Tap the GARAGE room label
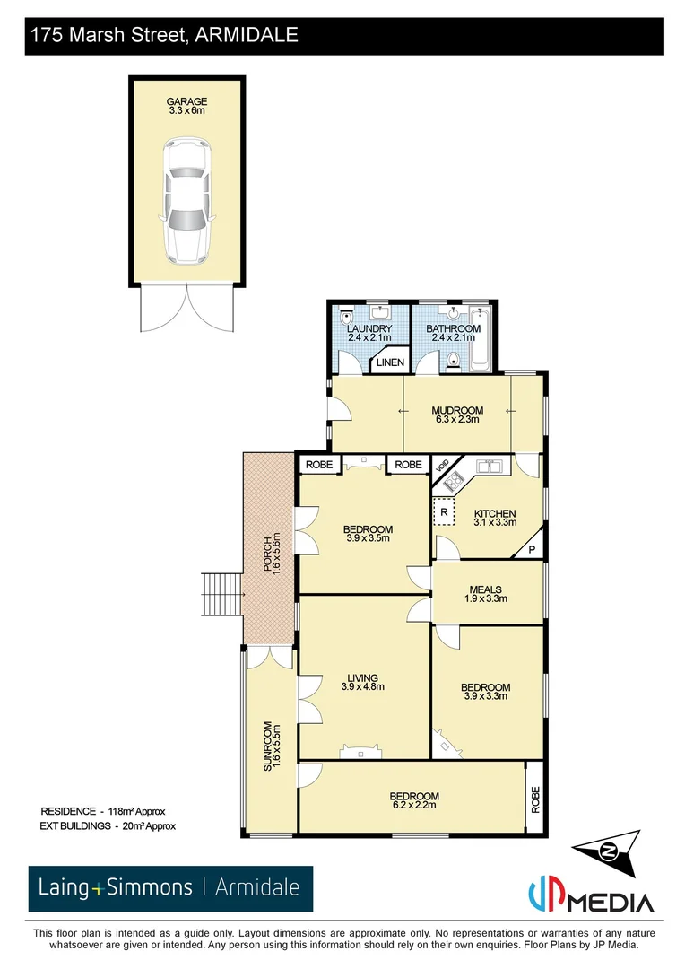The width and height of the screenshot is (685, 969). coord(186,106)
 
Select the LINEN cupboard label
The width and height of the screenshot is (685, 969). coord(389,362)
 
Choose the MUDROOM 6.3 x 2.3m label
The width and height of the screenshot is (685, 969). coord(457,415)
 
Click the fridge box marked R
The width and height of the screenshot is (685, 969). coord(444,511)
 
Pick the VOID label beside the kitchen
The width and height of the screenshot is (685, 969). coord(441,467)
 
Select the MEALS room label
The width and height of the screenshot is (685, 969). coord(486,594)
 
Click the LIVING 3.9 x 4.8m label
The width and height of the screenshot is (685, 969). coord(362,682)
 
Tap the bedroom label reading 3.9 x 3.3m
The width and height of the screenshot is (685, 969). coord(486,691)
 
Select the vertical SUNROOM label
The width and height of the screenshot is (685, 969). coord(266,747)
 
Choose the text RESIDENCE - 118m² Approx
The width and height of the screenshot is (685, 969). coord(103,810)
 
